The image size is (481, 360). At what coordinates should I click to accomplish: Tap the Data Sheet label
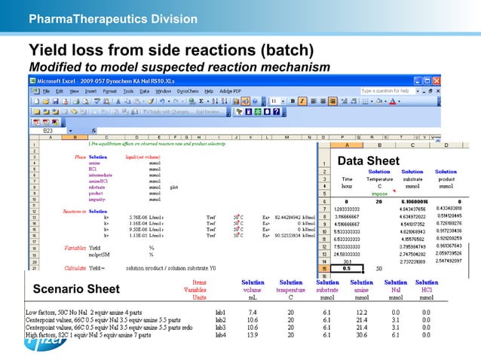(x=368, y=160)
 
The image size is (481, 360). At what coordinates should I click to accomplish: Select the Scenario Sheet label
(x=75, y=289)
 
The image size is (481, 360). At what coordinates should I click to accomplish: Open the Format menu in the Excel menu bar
(x=110, y=90)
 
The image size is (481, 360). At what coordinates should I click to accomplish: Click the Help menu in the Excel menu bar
(x=209, y=90)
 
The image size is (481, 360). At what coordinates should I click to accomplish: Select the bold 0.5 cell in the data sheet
(x=345, y=267)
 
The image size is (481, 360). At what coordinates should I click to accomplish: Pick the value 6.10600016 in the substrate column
(x=414, y=201)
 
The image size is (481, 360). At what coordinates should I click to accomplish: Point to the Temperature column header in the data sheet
(x=379, y=179)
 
